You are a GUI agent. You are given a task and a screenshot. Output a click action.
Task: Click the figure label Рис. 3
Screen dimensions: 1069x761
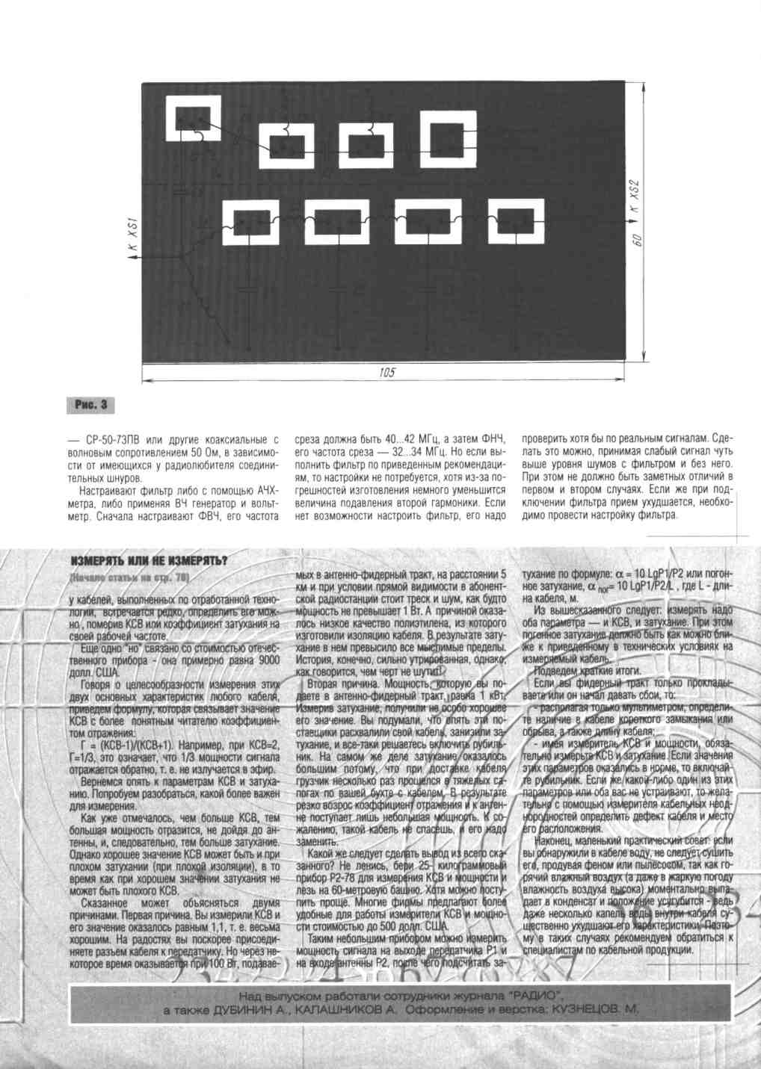[x=90, y=405]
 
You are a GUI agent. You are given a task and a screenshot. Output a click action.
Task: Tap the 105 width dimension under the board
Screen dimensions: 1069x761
[x=386, y=372]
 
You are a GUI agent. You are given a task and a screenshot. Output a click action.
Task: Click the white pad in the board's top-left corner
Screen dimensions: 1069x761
[x=198, y=118]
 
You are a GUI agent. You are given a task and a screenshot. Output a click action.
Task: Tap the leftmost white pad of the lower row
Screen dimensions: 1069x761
[x=250, y=222]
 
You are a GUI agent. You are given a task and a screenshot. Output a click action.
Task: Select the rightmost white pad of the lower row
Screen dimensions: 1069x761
[x=515, y=222]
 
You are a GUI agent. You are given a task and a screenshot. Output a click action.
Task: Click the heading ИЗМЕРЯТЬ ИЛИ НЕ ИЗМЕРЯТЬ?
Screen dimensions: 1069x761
[x=149, y=561]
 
